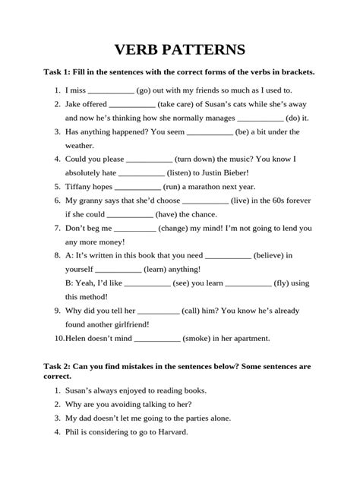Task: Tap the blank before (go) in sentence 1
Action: (x=111, y=90)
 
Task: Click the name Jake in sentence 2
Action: (x=74, y=104)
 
